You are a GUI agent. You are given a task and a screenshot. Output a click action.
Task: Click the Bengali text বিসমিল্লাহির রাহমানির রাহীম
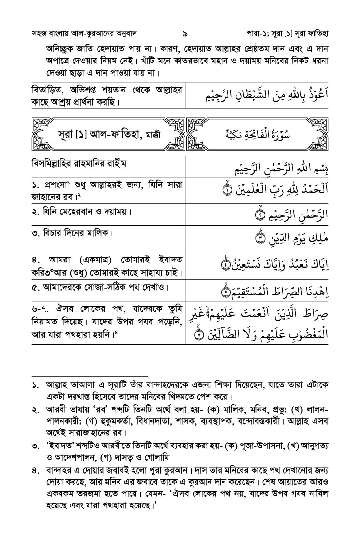[x=86, y=164]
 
